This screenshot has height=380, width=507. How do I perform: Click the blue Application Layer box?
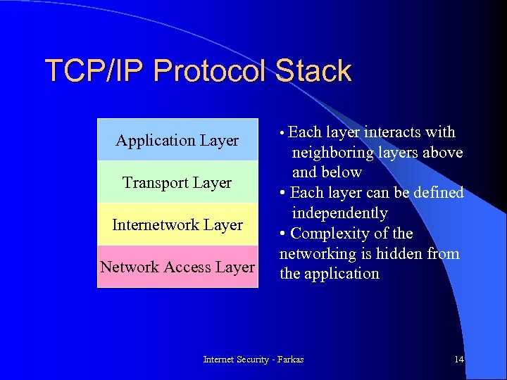tap(177, 140)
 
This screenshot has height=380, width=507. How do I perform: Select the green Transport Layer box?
tap(177, 182)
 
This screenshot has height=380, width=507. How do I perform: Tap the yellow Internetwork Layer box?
tap(177, 224)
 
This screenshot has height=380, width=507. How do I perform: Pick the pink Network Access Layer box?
tap(177, 267)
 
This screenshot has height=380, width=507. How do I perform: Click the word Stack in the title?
tap(313, 72)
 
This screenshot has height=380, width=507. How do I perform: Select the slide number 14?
tap(459, 360)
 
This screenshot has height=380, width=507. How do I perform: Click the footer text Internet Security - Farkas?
tap(254, 360)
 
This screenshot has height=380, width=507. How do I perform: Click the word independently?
tap(339, 213)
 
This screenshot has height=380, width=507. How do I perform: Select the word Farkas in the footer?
tap(291, 360)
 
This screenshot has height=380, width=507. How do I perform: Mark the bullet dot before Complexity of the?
tap(282, 234)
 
